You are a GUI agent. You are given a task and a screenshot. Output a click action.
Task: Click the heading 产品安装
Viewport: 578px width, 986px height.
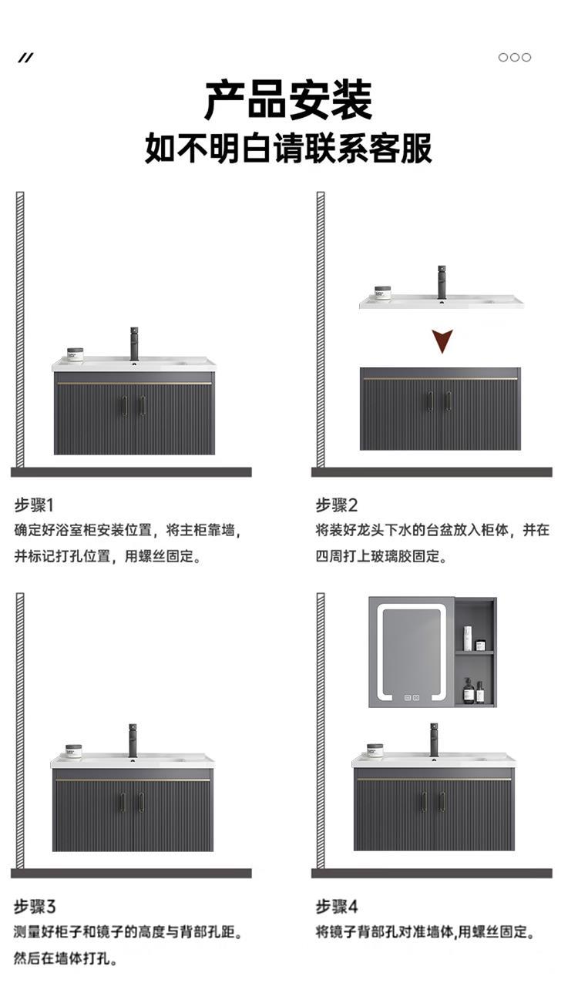[x=288, y=99]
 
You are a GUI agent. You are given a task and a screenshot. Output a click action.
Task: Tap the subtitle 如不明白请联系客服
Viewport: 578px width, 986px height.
[x=288, y=148]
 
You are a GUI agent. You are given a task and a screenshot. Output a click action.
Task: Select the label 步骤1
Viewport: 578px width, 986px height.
[x=35, y=505]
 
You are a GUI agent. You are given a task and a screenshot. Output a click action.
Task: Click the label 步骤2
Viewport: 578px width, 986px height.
[x=337, y=505]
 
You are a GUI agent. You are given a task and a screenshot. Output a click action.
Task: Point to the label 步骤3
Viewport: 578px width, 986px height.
[x=35, y=906]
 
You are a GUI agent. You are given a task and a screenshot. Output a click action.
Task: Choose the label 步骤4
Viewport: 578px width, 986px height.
[x=337, y=906]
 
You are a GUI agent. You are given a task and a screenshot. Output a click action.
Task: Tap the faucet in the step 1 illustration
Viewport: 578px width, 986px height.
[x=135, y=344]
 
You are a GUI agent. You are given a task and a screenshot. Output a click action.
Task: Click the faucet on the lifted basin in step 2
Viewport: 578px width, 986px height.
[x=442, y=281]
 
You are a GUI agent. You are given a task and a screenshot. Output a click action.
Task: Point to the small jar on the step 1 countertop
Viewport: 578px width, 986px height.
[x=75, y=354]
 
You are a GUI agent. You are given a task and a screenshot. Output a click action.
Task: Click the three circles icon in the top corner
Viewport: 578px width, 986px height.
[x=514, y=57]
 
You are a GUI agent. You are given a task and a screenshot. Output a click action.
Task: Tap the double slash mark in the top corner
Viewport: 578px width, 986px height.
[x=26, y=58]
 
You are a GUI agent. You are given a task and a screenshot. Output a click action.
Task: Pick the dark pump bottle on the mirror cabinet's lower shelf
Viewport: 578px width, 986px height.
[x=467, y=689]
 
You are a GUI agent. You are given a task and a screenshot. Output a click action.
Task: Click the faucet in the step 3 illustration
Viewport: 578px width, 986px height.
[x=133, y=739]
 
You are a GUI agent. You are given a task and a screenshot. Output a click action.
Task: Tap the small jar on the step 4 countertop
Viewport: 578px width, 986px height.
[x=375, y=750]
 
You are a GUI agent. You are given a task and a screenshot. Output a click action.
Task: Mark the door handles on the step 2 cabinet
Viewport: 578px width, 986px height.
[x=440, y=401]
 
